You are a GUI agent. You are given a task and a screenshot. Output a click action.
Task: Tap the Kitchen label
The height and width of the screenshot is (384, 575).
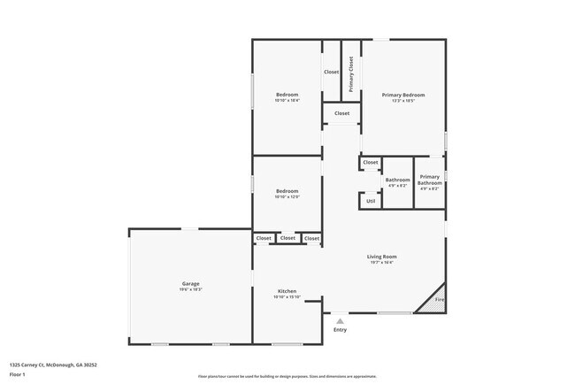[x=287, y=291]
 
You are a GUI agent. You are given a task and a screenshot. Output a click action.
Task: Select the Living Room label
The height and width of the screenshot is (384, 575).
[x=382, y=257]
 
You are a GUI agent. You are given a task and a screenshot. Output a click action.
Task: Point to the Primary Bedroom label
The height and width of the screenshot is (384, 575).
[x=402, y=95]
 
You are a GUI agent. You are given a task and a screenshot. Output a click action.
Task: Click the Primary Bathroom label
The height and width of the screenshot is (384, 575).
[x=430, y=180]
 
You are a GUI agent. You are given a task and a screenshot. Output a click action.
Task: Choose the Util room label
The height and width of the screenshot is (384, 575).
[x=371, y=201]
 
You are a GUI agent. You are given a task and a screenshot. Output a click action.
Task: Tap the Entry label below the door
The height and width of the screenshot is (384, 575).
[x=340, y=330]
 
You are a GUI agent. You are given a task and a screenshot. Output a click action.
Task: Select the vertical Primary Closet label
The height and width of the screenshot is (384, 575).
[x=351, y=74]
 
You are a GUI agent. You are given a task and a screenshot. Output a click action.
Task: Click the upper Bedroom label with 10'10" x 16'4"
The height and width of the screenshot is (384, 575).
[x=287, y=95]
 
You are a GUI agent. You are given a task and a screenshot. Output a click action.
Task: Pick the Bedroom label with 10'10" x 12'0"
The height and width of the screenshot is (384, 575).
[x=287, y=191]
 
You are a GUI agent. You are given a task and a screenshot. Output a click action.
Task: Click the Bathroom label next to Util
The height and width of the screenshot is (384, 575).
[x=397, y=180]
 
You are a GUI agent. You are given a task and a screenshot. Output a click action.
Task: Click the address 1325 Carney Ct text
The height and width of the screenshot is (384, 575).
[x=53, y=364]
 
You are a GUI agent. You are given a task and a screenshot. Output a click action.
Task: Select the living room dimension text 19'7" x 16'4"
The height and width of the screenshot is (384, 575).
[x=382, y=263]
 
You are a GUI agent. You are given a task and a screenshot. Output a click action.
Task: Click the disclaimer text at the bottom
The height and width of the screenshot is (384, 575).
[x=287, y=376]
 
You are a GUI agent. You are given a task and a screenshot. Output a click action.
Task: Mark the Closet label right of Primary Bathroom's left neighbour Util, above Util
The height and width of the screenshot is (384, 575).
[x=371, y=162]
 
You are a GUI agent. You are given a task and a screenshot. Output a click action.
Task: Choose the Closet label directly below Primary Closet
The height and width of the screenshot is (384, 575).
[x=341, y=113]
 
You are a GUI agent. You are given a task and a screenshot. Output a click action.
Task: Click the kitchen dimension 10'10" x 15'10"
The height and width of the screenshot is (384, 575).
[x=287, y=297]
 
